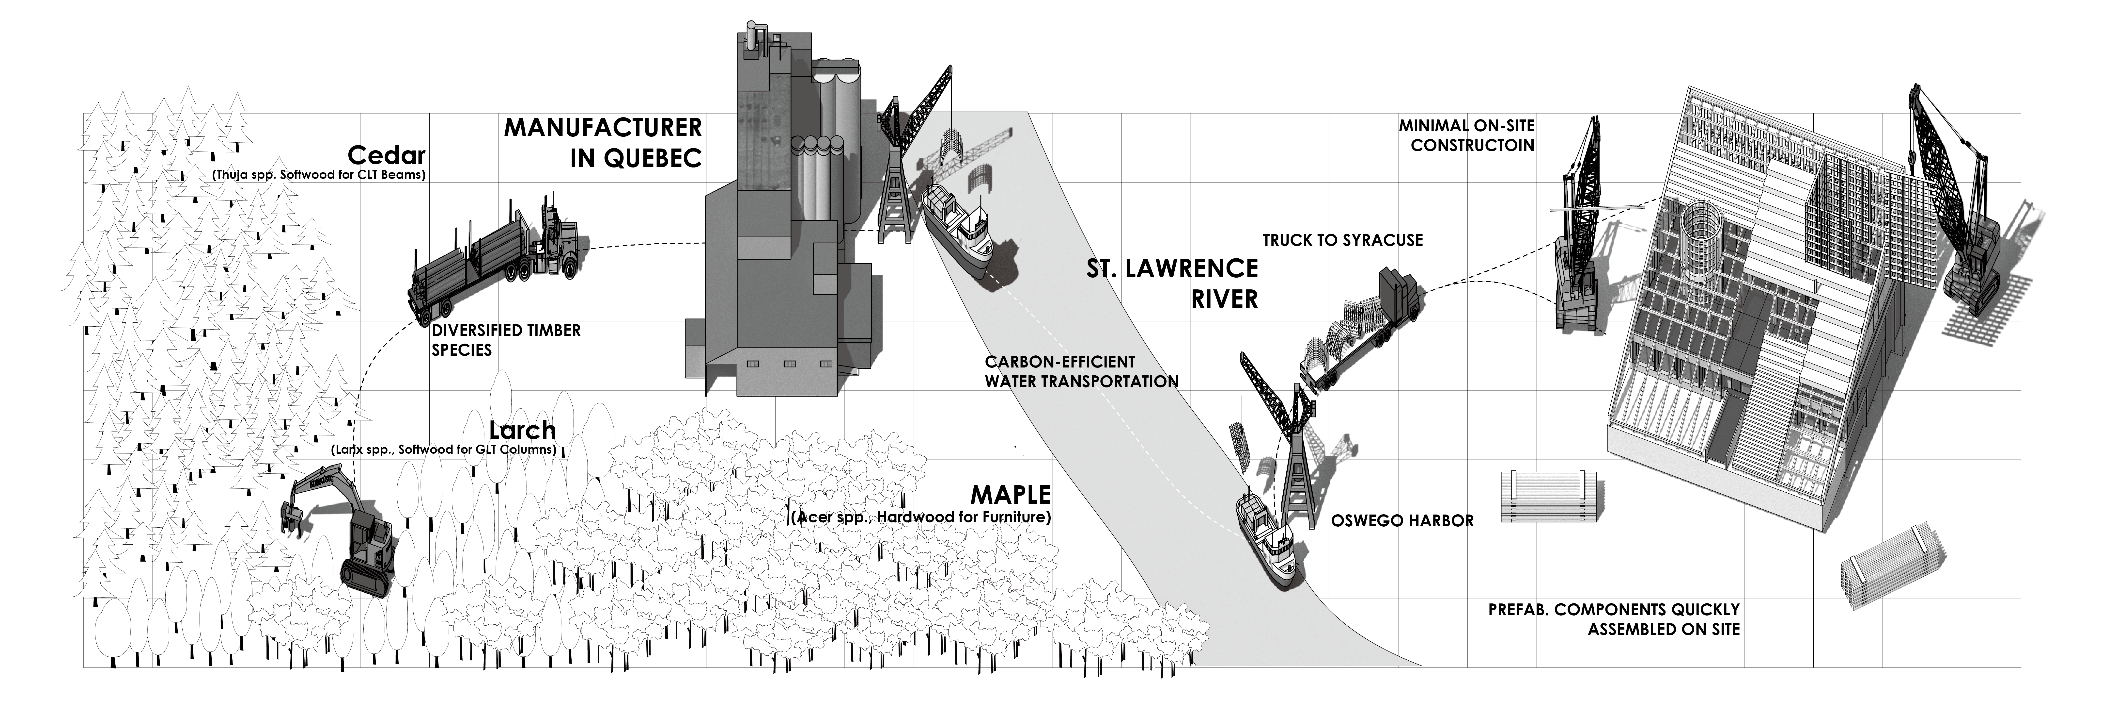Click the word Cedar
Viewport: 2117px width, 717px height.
(x=386, y=155)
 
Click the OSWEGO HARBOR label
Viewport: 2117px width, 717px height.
(x=1402, y=520)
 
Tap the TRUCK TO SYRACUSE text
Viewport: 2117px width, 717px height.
(x=1343, y=240)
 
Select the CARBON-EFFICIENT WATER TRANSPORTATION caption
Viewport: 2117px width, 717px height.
(x=1082, y=372)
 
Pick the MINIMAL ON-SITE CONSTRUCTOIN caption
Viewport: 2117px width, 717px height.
(x=1467, y=135)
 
